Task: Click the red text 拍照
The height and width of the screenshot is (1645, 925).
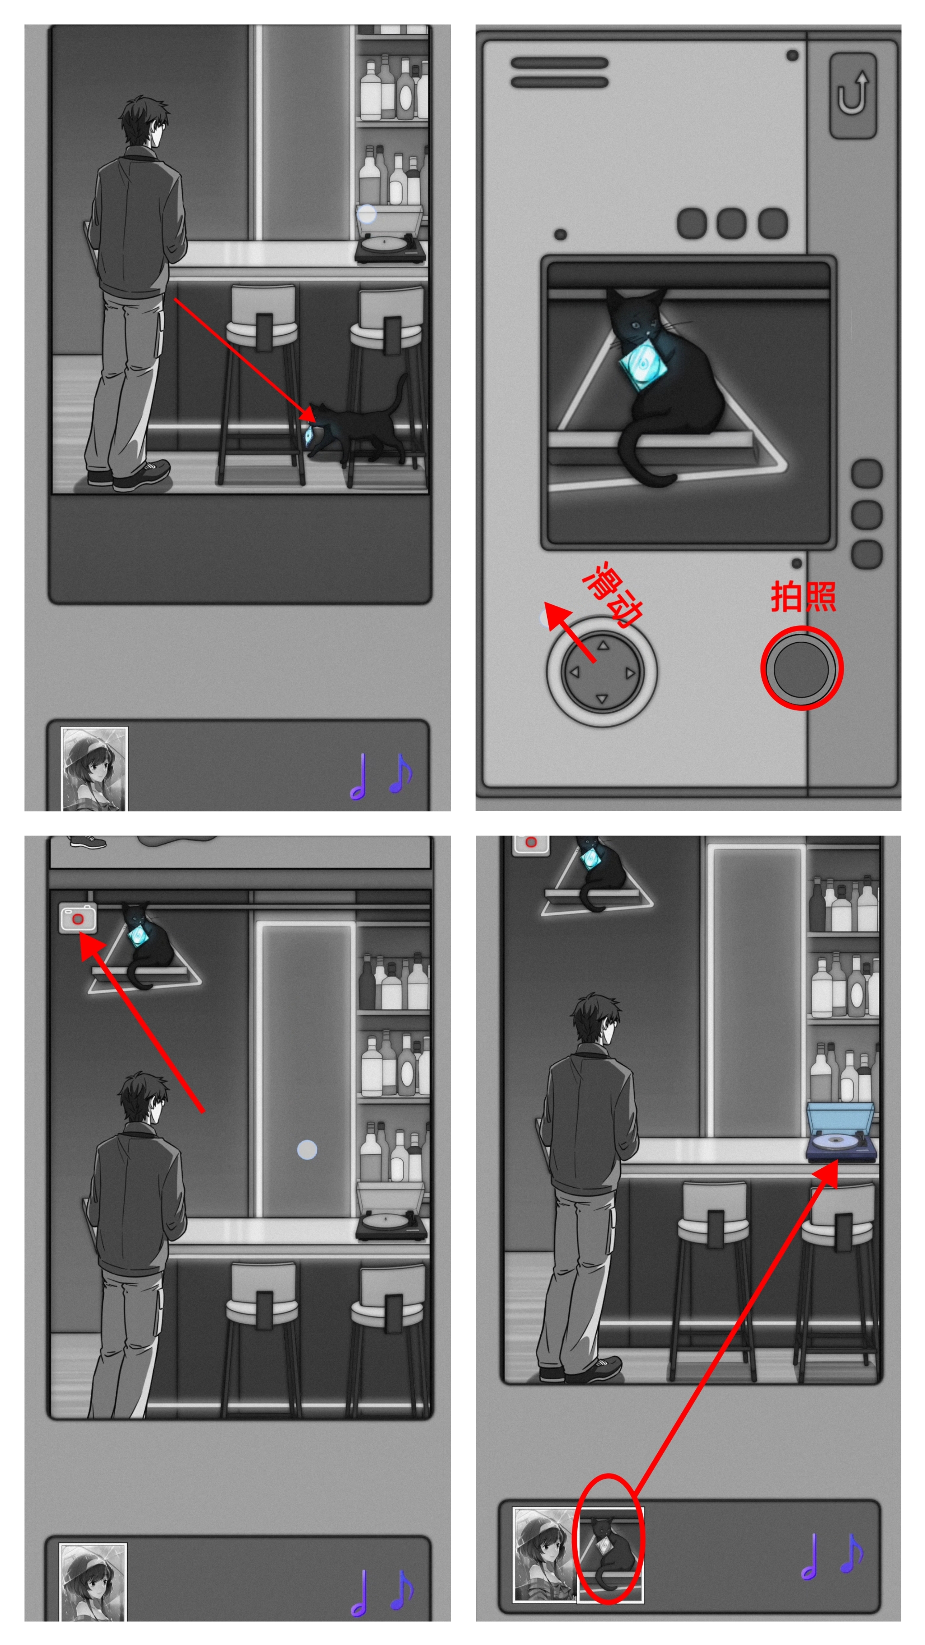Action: (803, 596)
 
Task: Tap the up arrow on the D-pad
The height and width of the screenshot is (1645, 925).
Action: (602, 645)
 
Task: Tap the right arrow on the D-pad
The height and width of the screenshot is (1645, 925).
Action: (630, 672)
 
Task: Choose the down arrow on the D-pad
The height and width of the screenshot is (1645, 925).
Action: (601, 699)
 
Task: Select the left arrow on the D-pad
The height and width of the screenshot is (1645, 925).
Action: (574, 672)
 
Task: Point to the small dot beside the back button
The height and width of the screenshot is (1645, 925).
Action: (792, 55)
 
